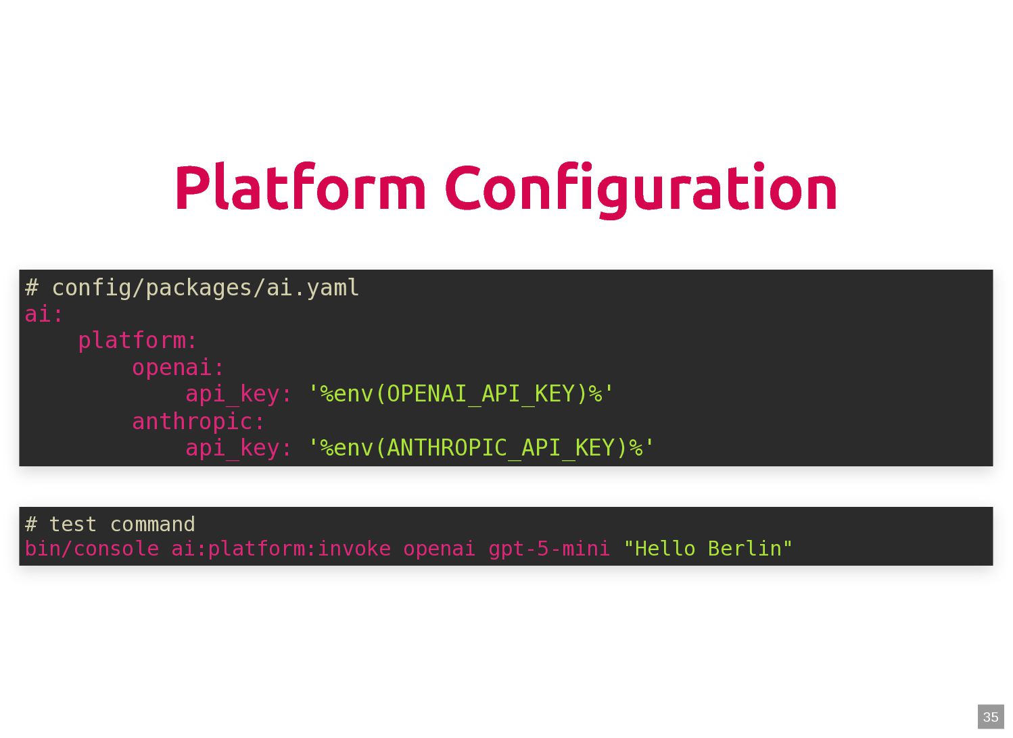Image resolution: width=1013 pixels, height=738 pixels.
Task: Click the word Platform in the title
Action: pos(300,189)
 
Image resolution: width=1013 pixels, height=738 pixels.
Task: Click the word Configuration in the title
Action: pos(640,189)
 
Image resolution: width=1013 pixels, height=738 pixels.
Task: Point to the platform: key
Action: pos(137,341)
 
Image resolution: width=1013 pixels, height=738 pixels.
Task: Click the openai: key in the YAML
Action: pos(178,368)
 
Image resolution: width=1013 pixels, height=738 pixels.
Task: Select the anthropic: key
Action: pos(198,422)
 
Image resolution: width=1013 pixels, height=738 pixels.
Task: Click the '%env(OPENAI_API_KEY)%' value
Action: pos(461,394)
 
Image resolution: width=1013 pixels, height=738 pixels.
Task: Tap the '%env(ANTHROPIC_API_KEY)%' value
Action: pos(481,448)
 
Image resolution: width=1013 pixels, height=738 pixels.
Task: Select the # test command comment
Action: pos(110,524)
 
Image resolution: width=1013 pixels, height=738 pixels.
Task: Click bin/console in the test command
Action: pos(91,549)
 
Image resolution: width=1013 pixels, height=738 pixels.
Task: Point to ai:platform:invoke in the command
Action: pos(281,549)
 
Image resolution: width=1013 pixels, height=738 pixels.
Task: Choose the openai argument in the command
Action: pos(440,549)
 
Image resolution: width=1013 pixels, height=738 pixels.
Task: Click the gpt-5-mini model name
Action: pos(549,549)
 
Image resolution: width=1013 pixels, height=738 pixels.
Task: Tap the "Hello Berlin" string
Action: pos(707,549)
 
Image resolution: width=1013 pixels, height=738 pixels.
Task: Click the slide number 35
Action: pos(991,717)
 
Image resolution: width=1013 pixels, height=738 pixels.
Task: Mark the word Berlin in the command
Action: pos(745,549)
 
